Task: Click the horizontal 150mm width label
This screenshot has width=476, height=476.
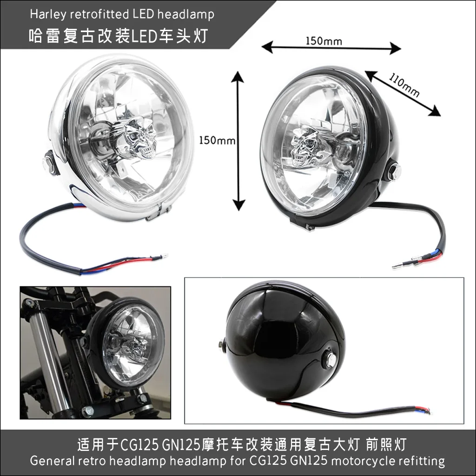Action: [324, 41]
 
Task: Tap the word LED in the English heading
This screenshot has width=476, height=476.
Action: [143, 14]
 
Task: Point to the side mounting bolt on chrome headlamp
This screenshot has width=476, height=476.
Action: [47, 163]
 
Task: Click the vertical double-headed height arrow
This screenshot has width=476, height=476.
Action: [238, 139]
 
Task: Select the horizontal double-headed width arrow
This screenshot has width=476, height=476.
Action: [331, 48]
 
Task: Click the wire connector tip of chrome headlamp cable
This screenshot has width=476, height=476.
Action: [164, 255]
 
